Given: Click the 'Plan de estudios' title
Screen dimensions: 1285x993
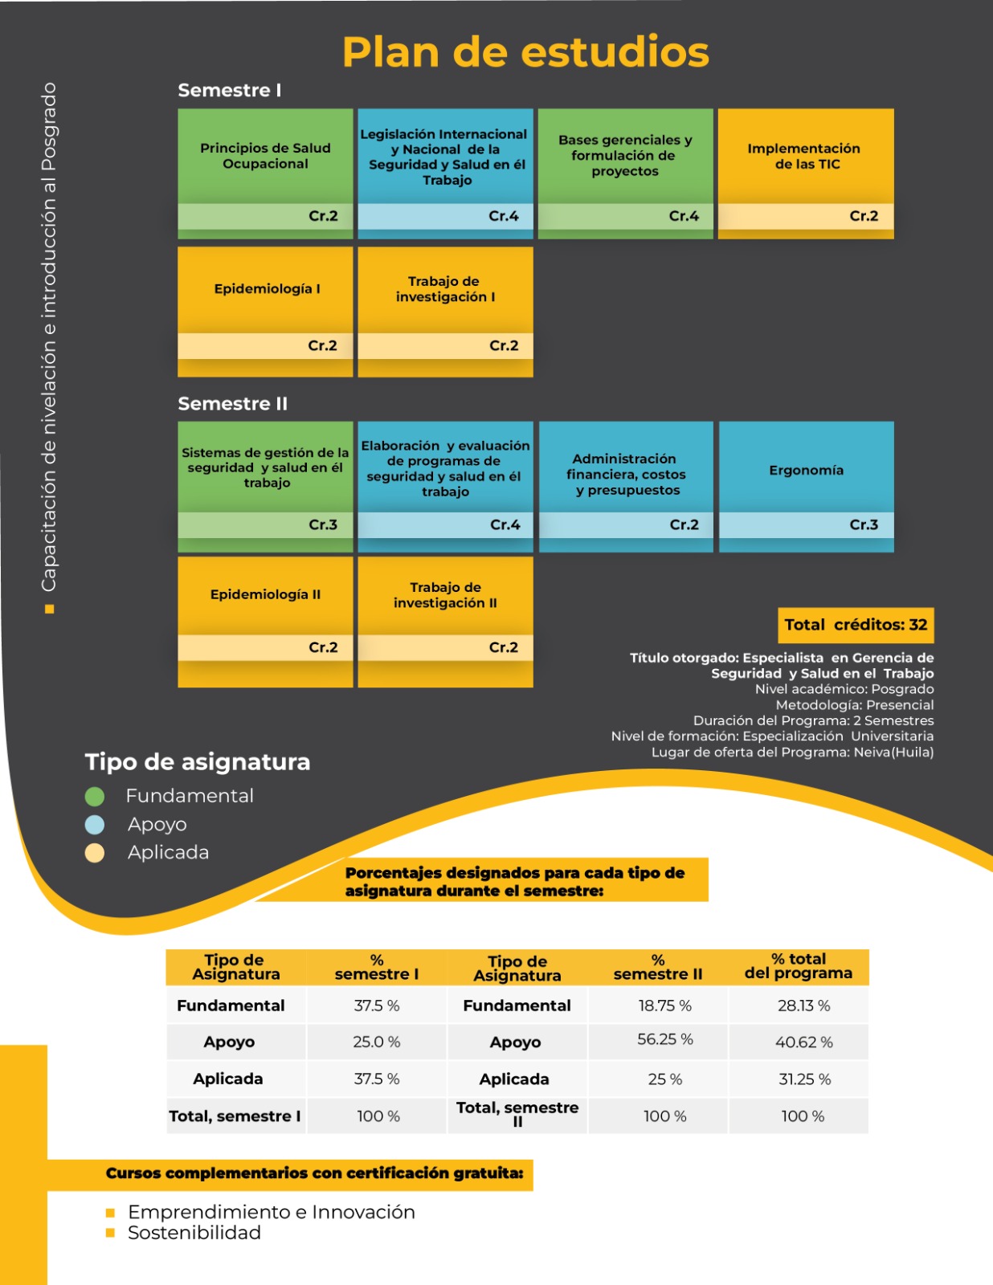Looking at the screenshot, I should pyautogui.click(x=525, y=52).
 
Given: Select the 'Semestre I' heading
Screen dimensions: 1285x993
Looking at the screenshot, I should pyautogui.click(x=230, y=91).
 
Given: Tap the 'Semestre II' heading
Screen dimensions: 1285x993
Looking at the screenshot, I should pyautogui.click(x=232, y=403).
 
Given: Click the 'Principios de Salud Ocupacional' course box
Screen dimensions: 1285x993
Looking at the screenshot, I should pyautogui.click(x=265, y=156).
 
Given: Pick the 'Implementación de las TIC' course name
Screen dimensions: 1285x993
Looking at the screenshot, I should pyautogui.click(x=804, y=157).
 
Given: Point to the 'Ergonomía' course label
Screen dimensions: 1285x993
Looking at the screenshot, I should pyautogui.click(x=806, y=471).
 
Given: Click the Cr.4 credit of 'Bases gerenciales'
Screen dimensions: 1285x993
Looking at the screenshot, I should pyautogui.click(x=684, y=216).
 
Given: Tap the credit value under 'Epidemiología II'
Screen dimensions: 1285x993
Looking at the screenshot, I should pyautogui.click(x=323, y=647).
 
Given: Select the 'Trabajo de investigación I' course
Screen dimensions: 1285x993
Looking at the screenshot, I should pyautogui.click(x=445, y=289).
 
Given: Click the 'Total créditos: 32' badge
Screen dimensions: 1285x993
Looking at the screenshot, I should pyautogui.click(x=856, y=625).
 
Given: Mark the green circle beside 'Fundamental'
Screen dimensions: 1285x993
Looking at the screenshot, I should pyautogui.click(x=95, y=796).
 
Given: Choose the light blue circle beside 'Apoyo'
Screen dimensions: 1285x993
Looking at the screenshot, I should pyautogui.click(x=95, y=825).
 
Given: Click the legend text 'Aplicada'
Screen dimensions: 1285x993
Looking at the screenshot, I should pyautogui.click(x=168, y=853).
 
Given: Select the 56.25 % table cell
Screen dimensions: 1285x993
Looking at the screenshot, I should pyautogui.click(x=664, y=1039).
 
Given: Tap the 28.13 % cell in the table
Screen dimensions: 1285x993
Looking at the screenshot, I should pyautogui.click(x=803, y=1006).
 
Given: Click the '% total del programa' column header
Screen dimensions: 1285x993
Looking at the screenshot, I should pyautogui.click(x=798, y=966).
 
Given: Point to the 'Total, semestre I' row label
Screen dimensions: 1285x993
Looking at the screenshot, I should pyautogui.click(x=235, y=1116).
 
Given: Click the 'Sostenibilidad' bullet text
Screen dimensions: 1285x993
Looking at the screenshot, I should pyautogui.click(x=194, y=1233).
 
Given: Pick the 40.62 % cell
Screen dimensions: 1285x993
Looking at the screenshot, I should pyautogui.click(x=803, y=1042).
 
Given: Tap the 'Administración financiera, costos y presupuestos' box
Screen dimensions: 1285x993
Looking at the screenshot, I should pyautogui.click(x=626, y=475).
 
